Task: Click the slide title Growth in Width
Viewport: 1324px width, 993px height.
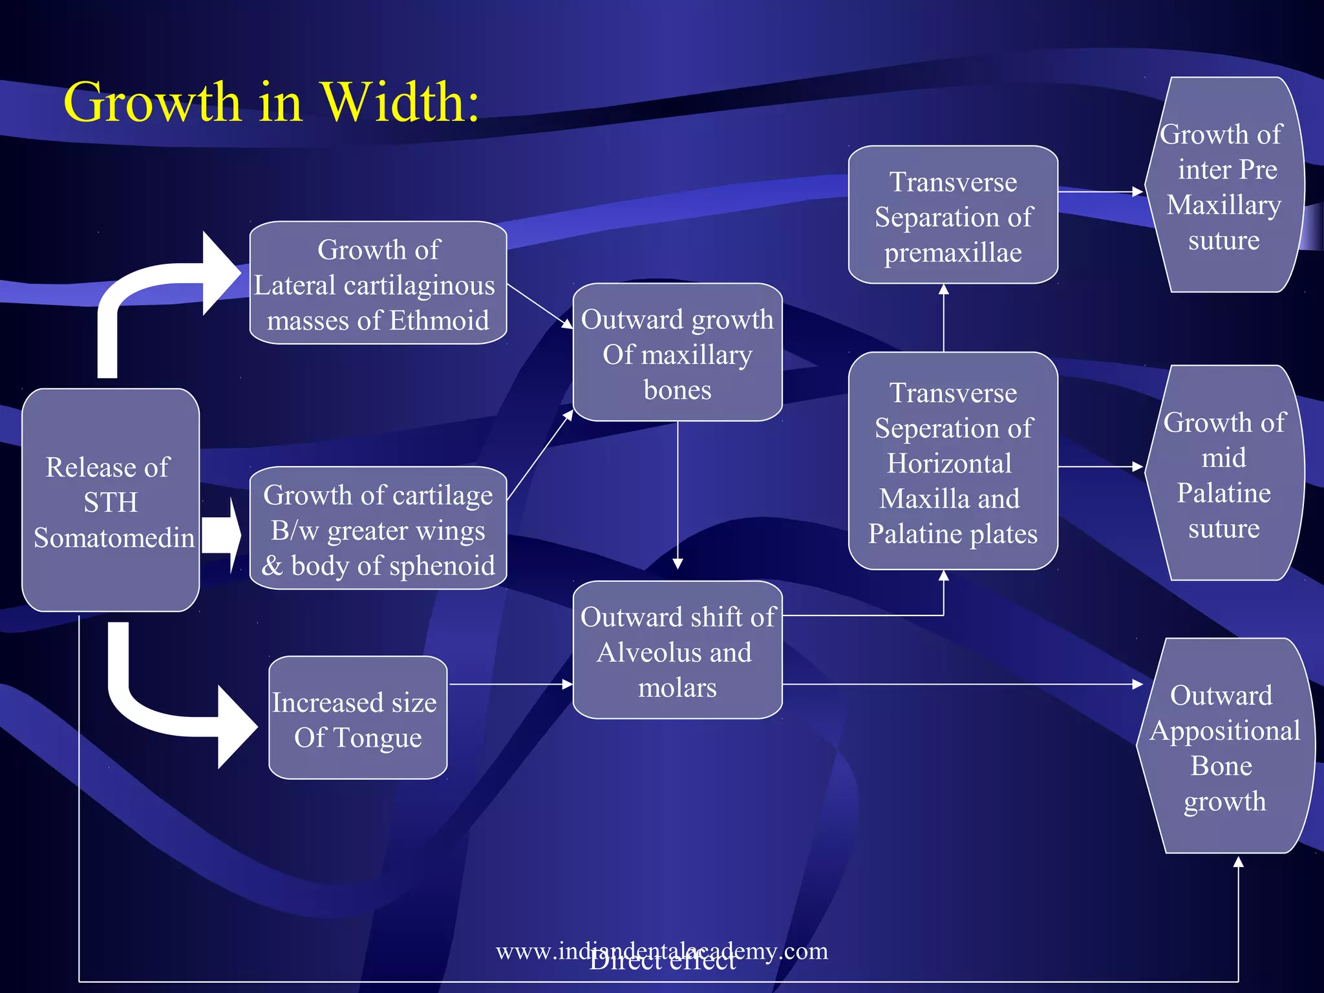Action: click(x=272, y=102)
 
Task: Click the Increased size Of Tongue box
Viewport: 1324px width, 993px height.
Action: click(x=358, y=718)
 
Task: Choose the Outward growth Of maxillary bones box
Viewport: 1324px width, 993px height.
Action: click(x=678, y=353)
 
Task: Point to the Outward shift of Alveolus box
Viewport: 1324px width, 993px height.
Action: click(x=678, y=650)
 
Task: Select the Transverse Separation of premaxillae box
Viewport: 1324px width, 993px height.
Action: click(x=953, y=215)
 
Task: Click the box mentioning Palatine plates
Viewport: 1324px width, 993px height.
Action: click(x=953, y=462)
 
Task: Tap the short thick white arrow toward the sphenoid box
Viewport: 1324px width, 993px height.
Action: click(x=221, y=535)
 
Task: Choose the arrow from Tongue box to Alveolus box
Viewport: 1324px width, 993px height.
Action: click(x=511, y=684)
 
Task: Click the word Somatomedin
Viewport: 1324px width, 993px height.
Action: click(x=114, y=538)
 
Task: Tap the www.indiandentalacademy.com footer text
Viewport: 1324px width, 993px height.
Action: click(x=661, y=950)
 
